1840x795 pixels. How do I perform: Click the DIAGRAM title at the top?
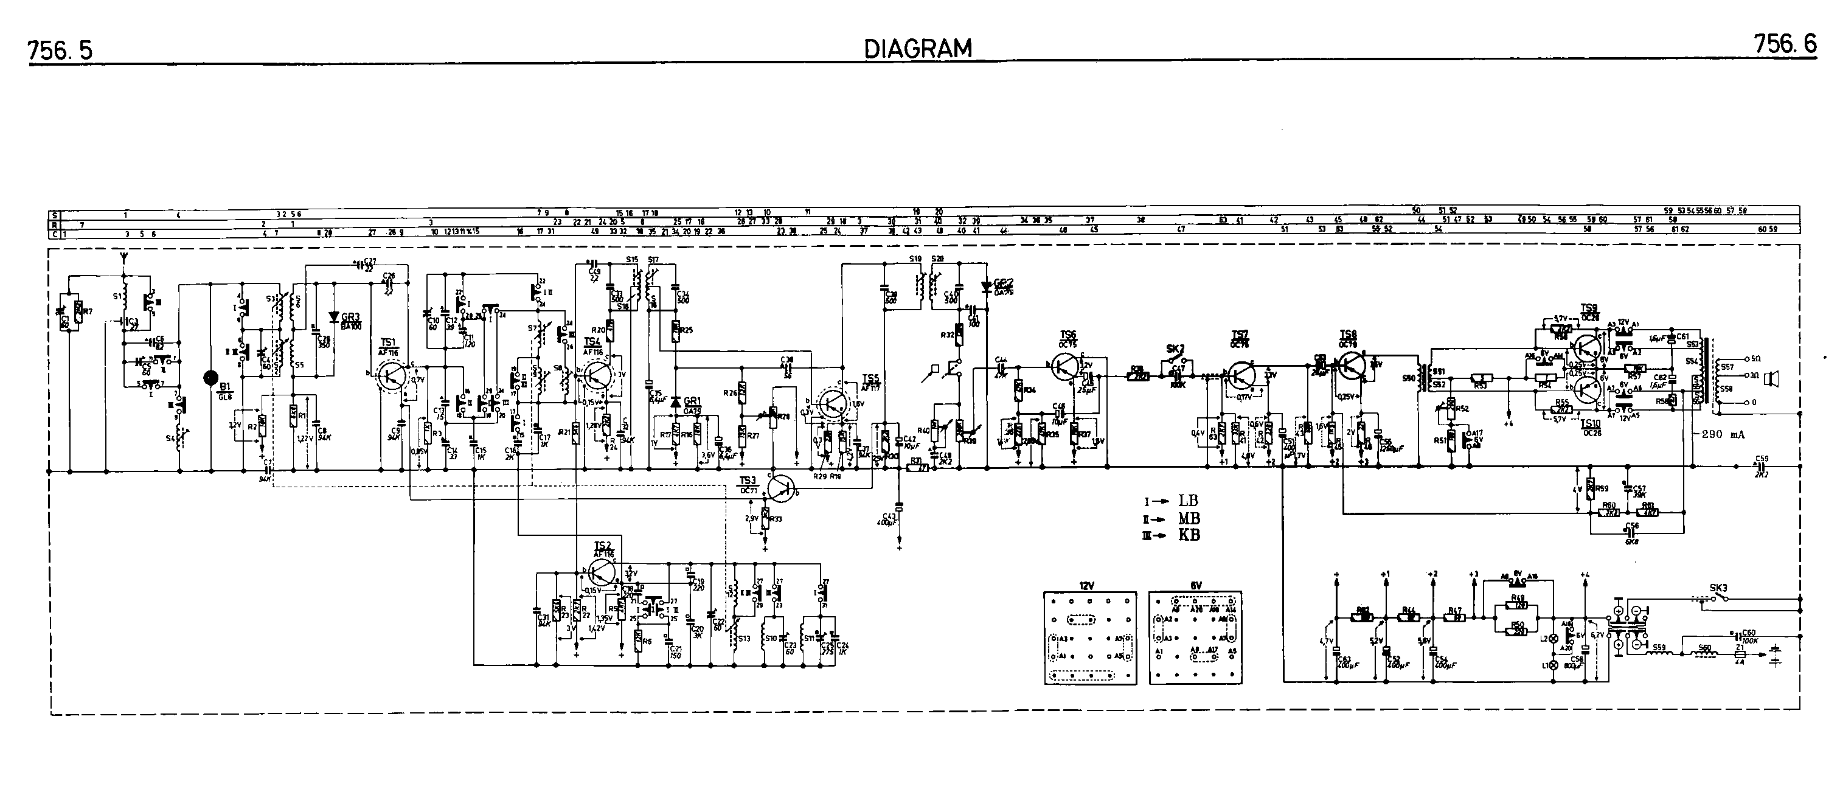(x=918, y=49)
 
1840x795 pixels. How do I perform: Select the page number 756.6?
(x=1784, y=45)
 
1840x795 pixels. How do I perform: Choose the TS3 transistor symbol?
(x=781, y=487)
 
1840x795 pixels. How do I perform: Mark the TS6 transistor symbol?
(x=1066, y=366)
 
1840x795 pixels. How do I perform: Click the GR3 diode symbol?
(x=333, y=317)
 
